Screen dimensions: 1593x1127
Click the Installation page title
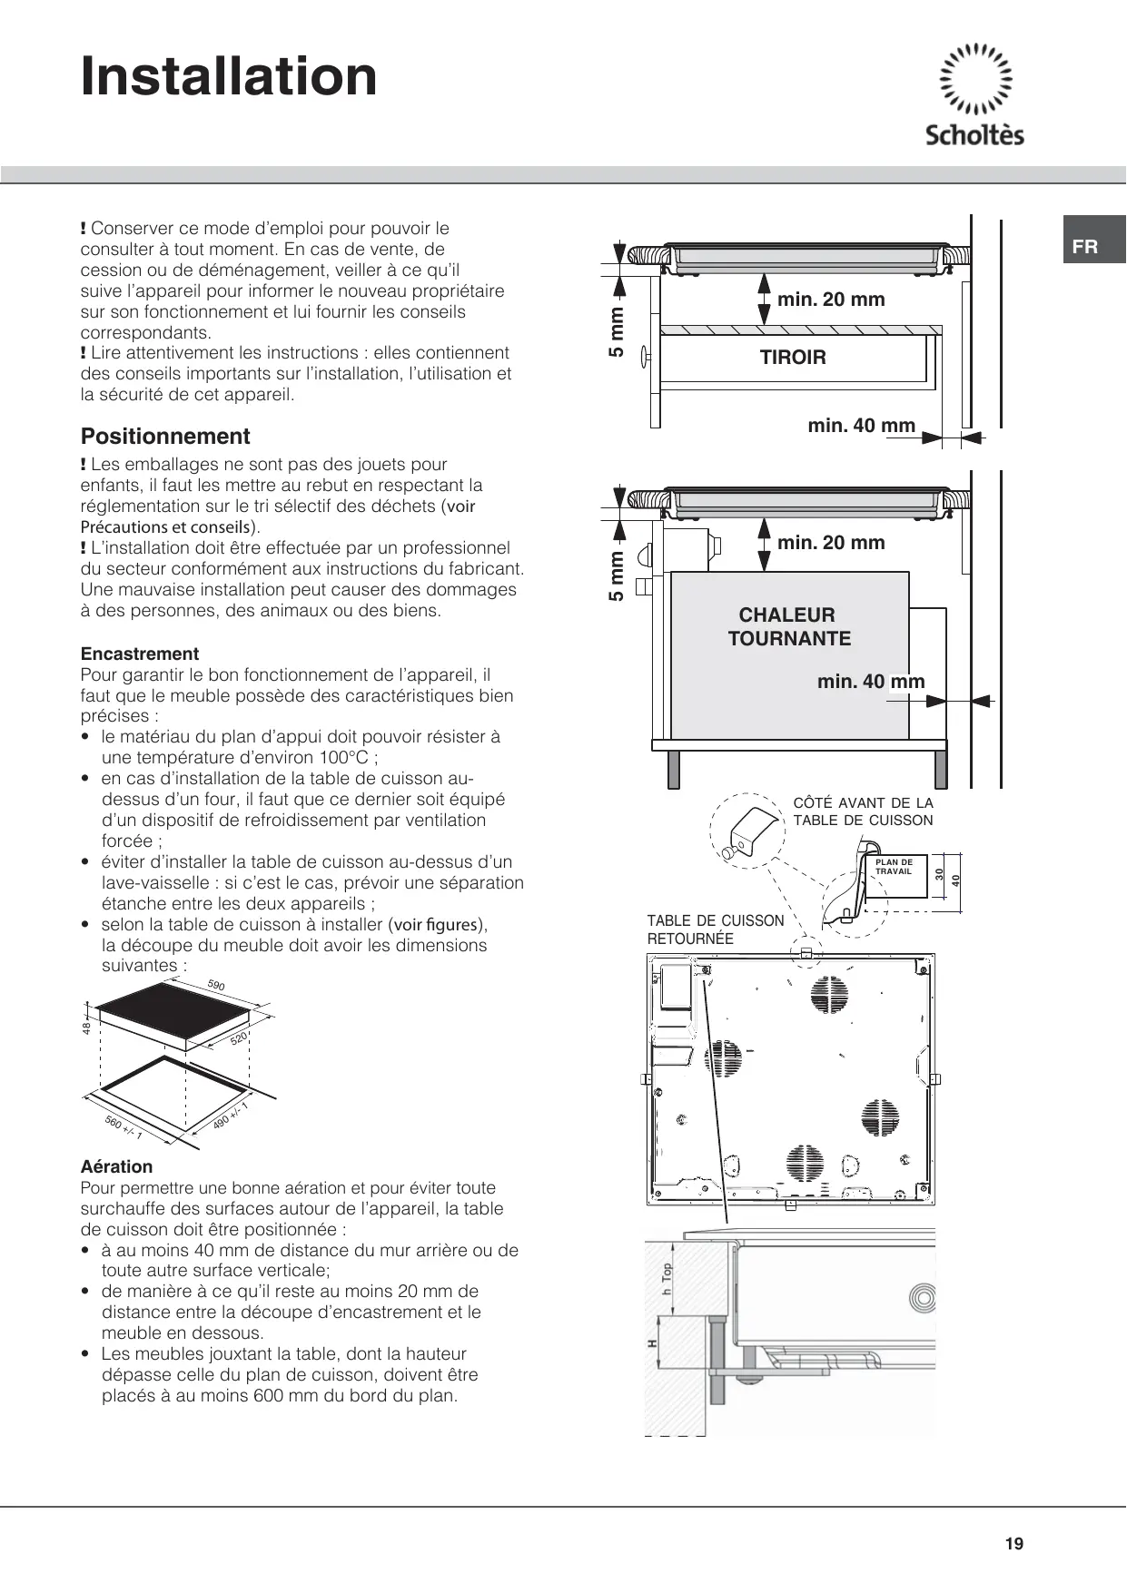coord(229,76)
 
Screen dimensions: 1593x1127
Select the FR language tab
coord(1085,247)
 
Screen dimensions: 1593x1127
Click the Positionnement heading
coord(165,437)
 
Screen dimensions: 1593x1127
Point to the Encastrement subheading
coord(140,654)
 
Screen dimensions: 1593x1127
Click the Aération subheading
coord(116,1166)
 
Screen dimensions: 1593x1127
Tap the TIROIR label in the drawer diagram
coord(793,358)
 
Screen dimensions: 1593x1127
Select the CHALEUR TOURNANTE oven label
coord(789,626)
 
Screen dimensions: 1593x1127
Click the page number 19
coord(1014,1544)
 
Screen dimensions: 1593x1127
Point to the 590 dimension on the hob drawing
coord(216,986)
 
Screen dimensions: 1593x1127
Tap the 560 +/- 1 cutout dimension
coord(124,1128)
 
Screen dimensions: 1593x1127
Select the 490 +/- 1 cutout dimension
coord(231,1115)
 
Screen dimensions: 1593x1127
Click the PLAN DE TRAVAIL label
coord(894,867)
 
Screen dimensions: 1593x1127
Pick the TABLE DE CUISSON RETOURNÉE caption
coord(716,929)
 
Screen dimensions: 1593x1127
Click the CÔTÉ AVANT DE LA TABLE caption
coord(863,811)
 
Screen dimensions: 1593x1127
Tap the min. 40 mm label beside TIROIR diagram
coord(861,426)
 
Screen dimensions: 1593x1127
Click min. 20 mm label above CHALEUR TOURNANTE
coord(831,543)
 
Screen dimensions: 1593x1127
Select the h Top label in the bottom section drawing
coord(667,1280)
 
